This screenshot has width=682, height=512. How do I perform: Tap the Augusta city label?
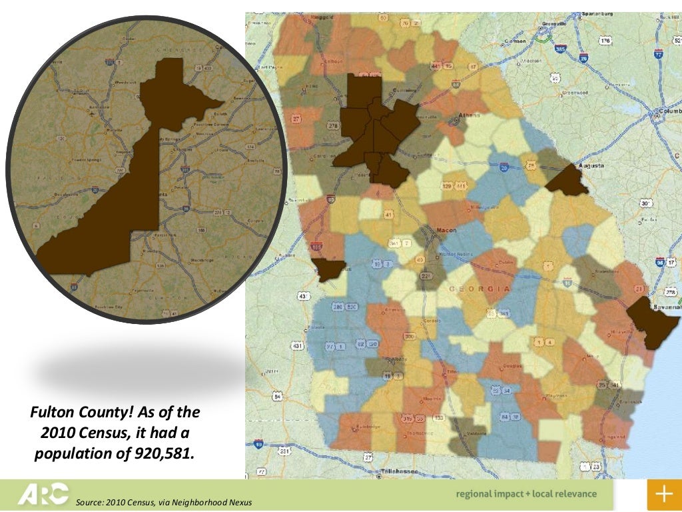[591, 165]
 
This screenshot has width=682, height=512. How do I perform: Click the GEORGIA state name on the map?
[480, 289]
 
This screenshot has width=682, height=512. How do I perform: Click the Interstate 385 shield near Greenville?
[561, 49]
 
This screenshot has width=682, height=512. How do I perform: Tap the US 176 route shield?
[605, 41]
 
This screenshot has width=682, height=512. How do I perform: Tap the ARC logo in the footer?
[43, 494]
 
